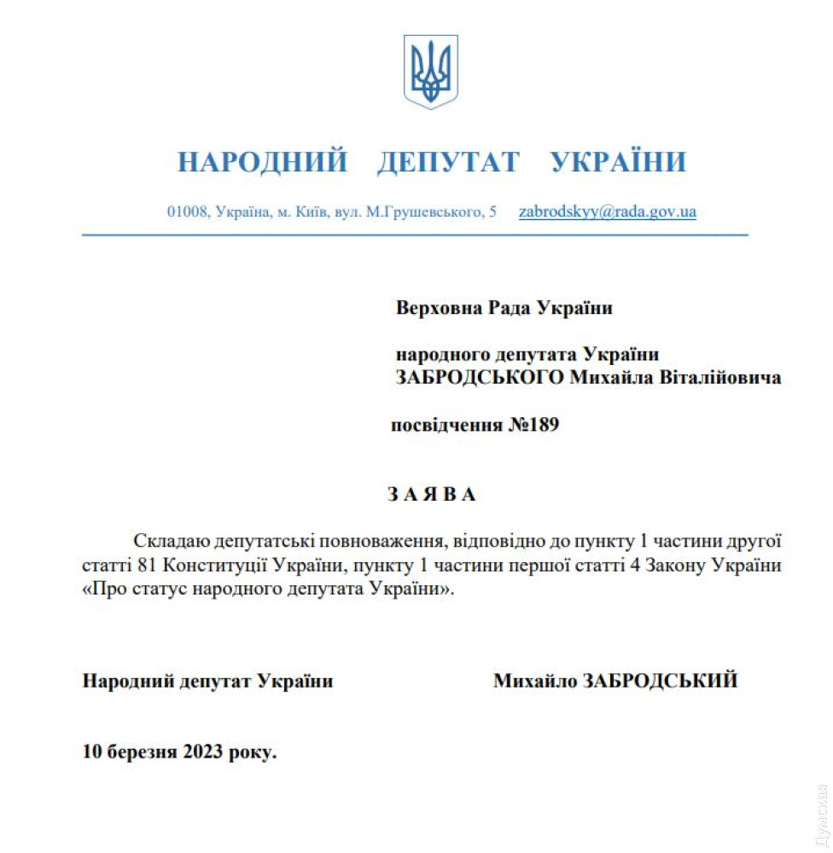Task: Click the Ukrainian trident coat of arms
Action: (431, 72)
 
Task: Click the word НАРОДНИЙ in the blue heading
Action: (262, 162)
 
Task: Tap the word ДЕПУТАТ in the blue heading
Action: (448, 162)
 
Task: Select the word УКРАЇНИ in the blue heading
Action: (618, 162)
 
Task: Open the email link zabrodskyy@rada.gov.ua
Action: (607, 212)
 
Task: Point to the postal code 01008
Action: (188, 212)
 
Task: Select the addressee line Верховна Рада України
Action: (504, 308)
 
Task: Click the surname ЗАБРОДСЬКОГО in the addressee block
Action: (479, 377)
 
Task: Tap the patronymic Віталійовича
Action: (721, 377)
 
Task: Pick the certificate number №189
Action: (533, 425)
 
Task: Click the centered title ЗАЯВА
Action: (432, 494)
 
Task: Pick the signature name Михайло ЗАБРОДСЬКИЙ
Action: (615, 681)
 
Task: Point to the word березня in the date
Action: (141, 752)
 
